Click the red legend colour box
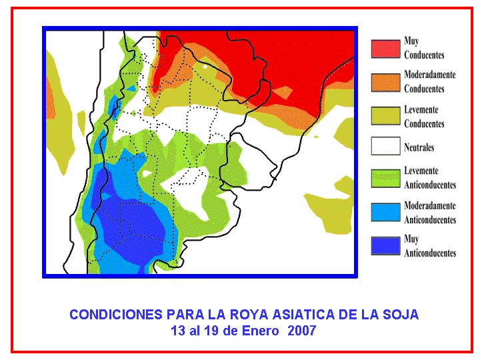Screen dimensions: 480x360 click(x=386, y=49)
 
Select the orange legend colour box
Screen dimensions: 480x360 click(x=386, y=83)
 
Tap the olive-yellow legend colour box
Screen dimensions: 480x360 click(x=386, y=116)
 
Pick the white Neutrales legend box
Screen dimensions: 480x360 click(x=386, y=146)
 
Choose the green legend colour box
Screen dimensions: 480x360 click(x=386, y=179)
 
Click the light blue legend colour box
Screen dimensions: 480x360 click(x=386, y=212)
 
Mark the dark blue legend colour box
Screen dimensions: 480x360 click(x=386, y=246)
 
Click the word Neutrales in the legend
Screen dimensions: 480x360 click(x=419, y=147)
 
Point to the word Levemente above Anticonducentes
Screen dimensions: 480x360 click(x=421, y=171)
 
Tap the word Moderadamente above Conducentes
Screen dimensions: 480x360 click(x=430, y=75)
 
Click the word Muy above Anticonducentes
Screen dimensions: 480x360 click(x=411, y=239)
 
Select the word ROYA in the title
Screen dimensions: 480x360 click(x=248, y=315)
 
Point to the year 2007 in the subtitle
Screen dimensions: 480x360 click(x=302, y=331)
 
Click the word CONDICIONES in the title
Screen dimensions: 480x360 click(x=116, y=315)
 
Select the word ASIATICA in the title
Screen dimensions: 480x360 click(x=307, y=315)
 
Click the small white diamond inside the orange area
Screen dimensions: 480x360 click(x=205, y=66)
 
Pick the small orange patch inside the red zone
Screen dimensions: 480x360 click(x=283, y=92)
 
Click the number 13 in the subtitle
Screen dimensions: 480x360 click(x=177, y=331)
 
